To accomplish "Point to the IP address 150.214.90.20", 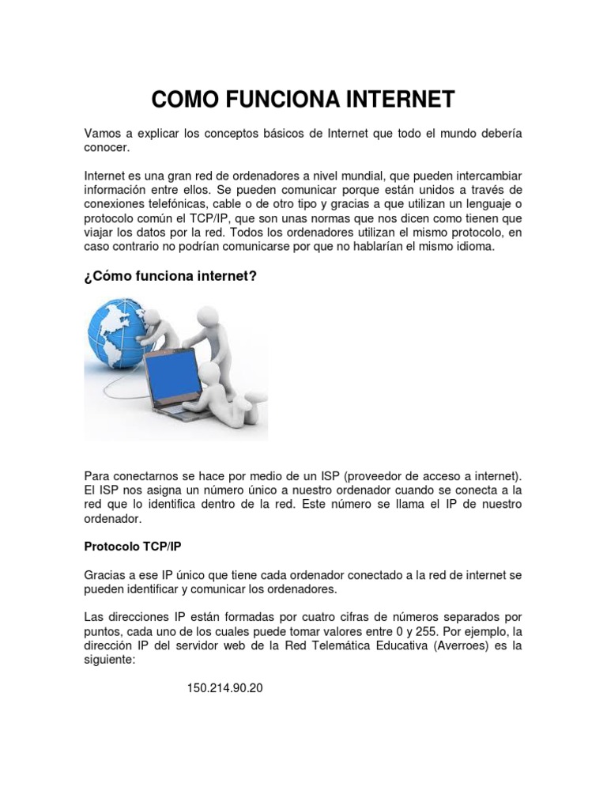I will pyautogui.click(x=224, y=688).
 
